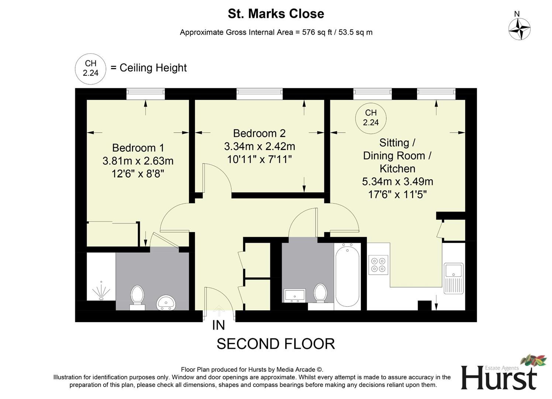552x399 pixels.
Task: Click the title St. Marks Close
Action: click(x=276, y=14)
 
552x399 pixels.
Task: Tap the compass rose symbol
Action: click(x=519, y=29)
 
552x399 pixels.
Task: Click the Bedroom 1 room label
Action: click(x=138, y=148)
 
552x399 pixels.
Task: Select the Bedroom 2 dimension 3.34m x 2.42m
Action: click(x=259, y=147)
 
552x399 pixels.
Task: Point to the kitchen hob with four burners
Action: click(x=378, y=265)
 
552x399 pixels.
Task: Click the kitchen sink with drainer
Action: click(x=453, y=278)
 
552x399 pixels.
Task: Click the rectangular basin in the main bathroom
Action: click(x=294, y=295)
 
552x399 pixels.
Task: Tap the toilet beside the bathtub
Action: click(x=320, y=293)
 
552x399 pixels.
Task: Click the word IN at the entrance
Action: click(x=218, y=325)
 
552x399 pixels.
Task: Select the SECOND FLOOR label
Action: click(x=276, y=344)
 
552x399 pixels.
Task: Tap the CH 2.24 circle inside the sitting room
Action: click(x=370, y=118)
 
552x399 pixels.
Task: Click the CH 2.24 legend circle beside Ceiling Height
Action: click(x=90, y=69)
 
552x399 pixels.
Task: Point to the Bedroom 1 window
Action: click(x=145, y=94)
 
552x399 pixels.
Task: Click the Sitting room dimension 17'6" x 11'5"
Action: click(x=397, y=194)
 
